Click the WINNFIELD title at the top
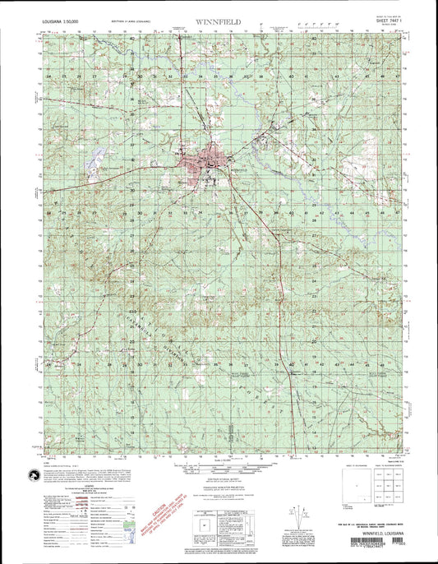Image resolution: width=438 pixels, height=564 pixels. [219, 17]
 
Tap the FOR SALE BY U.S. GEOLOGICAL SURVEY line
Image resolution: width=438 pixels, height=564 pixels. [372, 524]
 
